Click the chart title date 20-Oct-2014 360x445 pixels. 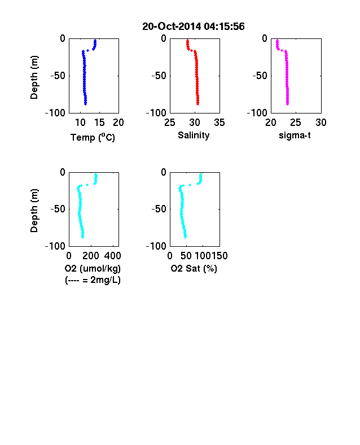point(172,27)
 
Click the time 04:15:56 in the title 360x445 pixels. point(224,27)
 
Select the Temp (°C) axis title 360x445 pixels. point(93,137)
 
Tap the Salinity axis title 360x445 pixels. point(194,136)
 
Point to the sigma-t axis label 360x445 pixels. point(295,136)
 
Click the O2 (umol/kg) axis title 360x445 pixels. point(93,268)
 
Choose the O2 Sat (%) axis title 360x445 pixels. point(194,268)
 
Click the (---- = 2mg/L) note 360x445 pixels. point(93,280)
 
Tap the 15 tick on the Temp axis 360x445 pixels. point(99,123)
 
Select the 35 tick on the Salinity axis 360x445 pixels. point(219,123)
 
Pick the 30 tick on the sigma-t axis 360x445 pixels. point(321,123)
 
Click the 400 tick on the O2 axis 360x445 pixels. point(112,256)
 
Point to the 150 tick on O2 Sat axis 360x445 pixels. point(219,256)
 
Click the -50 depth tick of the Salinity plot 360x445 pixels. point(159,76)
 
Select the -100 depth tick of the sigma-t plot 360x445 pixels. point(257,113)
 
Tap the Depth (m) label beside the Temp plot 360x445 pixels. point(34,77)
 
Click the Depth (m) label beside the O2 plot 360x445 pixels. point(34,211)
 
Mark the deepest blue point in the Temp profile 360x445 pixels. point(85,104)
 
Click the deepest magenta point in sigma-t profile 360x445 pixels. point(287,104)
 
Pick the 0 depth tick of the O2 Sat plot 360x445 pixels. point(164,172)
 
